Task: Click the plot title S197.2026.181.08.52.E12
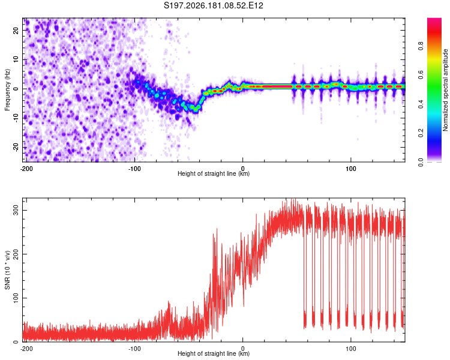point(213,5)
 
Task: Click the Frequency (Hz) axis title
point(7,90)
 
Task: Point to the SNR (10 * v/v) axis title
point(7,270)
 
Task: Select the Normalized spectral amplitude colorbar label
point(445,90)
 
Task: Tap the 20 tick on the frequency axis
point(16,30)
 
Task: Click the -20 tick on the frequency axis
point(16,147)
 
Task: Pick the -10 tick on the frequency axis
point(16,118)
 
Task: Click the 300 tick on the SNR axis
point(16,210)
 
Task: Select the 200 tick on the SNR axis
point(16,254)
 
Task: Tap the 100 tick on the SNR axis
point(16,298)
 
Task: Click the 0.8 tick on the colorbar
point(421,46)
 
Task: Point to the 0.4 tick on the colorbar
point(421,104)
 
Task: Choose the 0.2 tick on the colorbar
point(421,133)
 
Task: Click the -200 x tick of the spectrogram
point(26,169)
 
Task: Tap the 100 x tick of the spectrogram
point(351,169)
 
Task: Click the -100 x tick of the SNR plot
point(134,349)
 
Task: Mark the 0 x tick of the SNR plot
point(243,349)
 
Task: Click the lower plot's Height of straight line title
point(214,353)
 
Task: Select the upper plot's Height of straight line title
point(214,173)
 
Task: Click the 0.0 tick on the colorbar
point(421,162)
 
